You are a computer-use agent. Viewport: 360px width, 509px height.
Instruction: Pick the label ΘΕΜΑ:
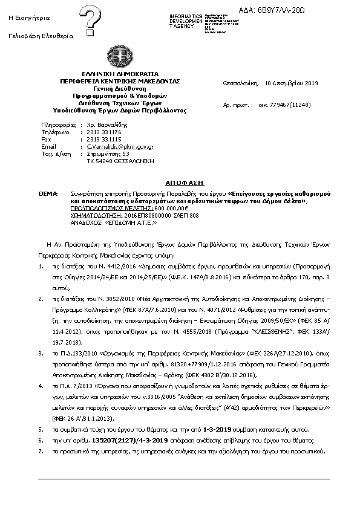(47, 192)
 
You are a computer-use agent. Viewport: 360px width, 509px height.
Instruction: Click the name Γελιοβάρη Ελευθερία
(41, 36)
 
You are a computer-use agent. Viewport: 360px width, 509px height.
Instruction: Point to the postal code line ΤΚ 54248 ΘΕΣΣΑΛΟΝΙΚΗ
(121, 161)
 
